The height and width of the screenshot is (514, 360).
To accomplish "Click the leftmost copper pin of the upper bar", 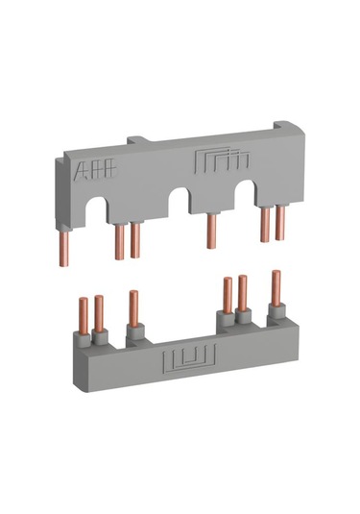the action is [x=64, y=248].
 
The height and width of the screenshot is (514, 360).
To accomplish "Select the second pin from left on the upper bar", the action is [x=120, y=242].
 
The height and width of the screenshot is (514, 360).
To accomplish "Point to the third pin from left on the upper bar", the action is [x=135, y=240].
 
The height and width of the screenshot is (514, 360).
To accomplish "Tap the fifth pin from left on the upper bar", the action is [x=265, y=225].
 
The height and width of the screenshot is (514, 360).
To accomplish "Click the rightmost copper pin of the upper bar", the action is [x=280, y=223].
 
